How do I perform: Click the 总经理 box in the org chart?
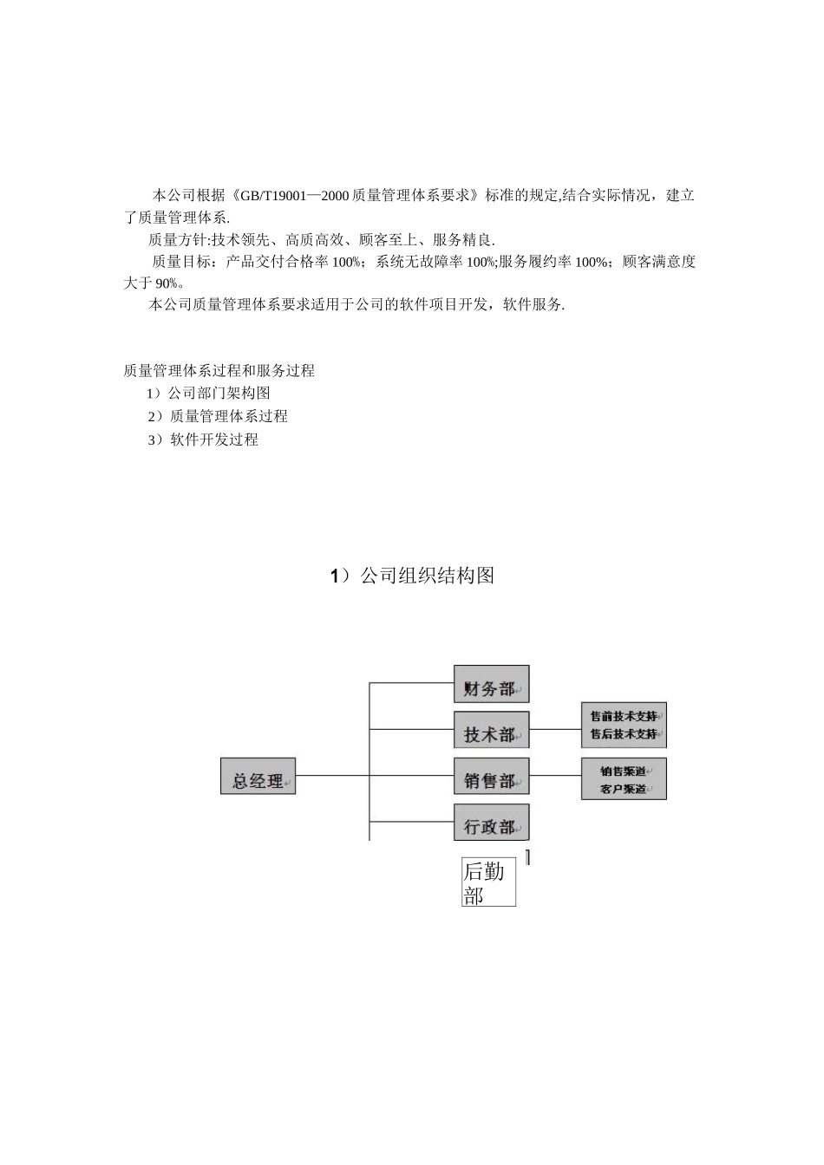(x=258, y=776)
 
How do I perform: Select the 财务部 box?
(x=491, y=684)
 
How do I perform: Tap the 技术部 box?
(x=491, y=730)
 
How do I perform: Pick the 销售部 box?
(x=491, y=776)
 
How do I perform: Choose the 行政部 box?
(x=491, y=822)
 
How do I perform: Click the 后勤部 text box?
(x=488, y=881)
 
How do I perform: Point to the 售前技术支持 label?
(x=623, y=716)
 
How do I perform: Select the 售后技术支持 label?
(x=623, y=734)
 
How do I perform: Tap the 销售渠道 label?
(x=623, y=771)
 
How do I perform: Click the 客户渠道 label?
(x=623, y=789)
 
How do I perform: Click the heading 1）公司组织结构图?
(x=412, y=576)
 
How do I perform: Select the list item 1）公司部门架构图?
(x=208, y=394)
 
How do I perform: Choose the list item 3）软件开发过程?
(x=202, y=439)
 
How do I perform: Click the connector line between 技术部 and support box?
(x=554, y=730)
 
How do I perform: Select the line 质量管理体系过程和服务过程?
(x=219, y=371)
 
